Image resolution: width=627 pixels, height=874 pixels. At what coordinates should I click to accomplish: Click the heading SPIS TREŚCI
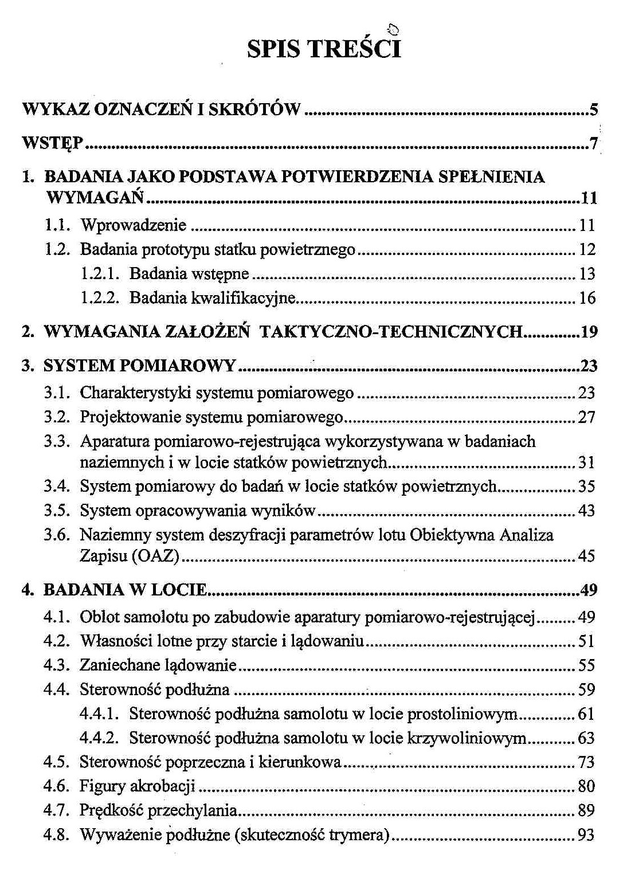(324, 49)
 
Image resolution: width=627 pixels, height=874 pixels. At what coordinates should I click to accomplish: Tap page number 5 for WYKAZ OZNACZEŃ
(593, 109)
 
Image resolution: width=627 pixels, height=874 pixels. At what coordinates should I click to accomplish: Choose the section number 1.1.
(57, 225)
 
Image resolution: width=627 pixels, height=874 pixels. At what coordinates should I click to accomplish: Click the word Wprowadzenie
(133, 225)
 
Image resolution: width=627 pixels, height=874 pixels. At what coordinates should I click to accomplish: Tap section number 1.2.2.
(99, 298)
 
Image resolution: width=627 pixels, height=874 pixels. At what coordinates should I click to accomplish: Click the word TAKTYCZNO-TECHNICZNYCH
(391, 332)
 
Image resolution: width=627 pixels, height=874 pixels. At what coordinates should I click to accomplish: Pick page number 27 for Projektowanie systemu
(586, 417)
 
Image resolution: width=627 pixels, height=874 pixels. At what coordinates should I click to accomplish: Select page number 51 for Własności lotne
(586, 641)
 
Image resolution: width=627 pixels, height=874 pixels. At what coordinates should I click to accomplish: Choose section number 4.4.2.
(99, 738)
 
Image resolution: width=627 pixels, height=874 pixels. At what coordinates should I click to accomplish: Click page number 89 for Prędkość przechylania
(586, 810)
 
